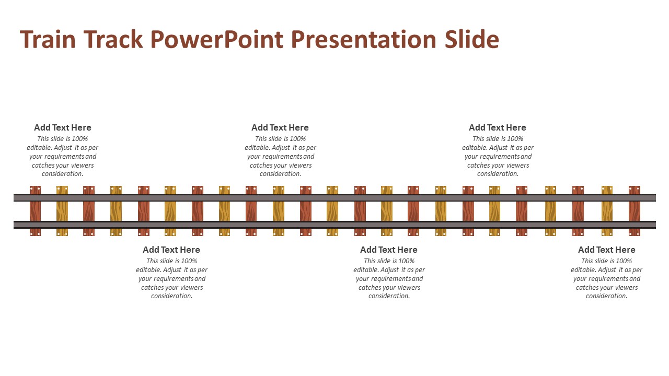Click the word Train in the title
pos(48,40)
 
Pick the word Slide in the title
pos(472,40)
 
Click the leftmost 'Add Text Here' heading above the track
pos(63,127)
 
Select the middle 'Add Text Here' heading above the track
pos(280,127)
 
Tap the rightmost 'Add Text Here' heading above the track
pos(498,127)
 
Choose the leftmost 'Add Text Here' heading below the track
pos(171,250)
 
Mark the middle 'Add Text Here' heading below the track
pos(389,250)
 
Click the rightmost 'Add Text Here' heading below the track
pos(607,250)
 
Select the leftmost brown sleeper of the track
pos(35,211)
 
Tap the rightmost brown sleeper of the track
pos(635,211)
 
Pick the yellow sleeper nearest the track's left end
pos(62,211)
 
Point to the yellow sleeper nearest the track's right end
pos(607,211)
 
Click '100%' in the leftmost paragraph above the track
pos(79,139)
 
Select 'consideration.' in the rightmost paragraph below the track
pos(607,296)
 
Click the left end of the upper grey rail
pos(16,198)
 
